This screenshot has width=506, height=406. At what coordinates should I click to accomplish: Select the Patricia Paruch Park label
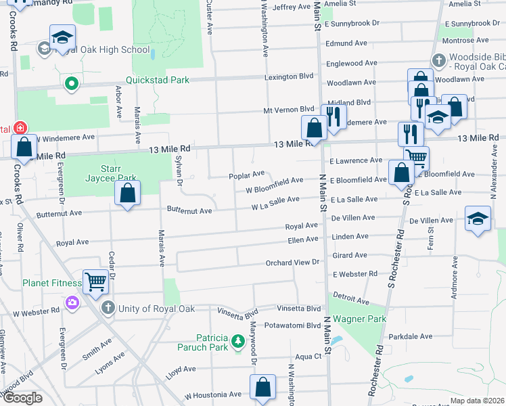(214, 344)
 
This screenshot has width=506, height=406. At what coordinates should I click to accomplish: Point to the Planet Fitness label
(51, 283)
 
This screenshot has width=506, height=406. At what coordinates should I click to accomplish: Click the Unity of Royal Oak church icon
(108, 309)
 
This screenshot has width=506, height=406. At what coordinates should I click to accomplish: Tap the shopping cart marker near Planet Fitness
(95, 281)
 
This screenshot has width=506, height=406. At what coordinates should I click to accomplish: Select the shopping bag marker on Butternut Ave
(127, 193)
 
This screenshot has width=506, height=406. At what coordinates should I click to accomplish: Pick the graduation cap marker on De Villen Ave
(478, 219)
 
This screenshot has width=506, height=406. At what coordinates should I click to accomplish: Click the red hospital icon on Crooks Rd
(20, 127)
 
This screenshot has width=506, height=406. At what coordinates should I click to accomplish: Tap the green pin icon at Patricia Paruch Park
(237, 344)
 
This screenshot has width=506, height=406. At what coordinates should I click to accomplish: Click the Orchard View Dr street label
(292, 263)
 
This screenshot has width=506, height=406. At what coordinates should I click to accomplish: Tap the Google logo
(23, 398)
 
